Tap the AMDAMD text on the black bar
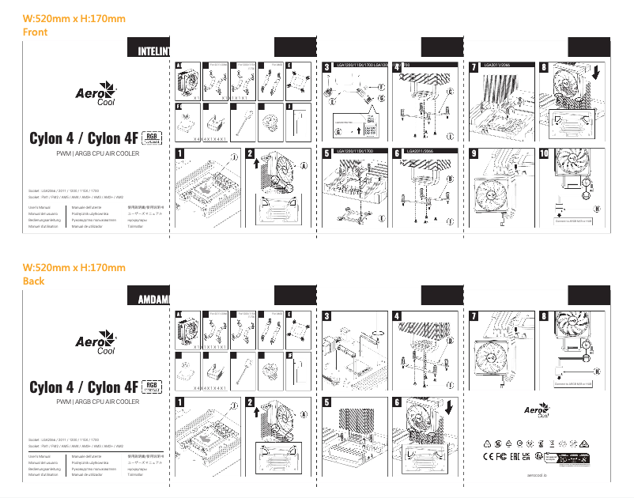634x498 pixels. click(153, 300)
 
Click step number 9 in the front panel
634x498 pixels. click(474, 153)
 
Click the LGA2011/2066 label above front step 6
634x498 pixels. click(422, 149)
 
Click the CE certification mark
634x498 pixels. click(489, 458)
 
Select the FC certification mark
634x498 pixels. click(502, 458)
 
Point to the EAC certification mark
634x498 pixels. click(515, 458)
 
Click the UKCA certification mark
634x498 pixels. click(526, 458)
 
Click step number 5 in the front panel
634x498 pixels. click(327, 153)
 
